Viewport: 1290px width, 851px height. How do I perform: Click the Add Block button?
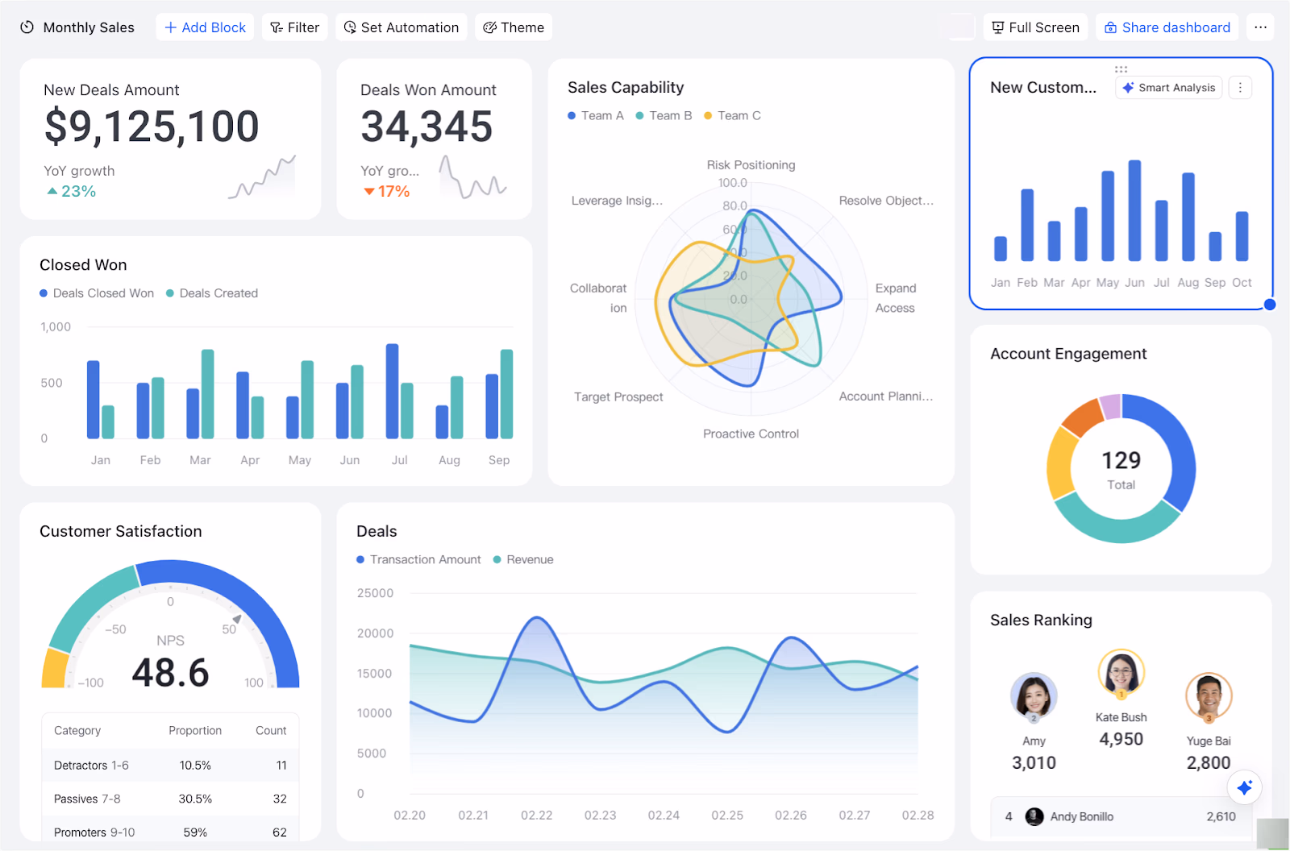(x=205, y=27)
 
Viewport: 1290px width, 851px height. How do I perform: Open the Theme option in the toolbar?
(x=514, y=27)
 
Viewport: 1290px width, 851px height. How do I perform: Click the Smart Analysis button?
(x=1169, y=88)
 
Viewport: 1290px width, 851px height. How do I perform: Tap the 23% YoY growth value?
(x=78, y=192)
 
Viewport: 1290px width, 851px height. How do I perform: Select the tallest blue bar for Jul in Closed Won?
(x=393, y=391)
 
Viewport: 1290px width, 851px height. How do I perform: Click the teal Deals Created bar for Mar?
(x=208, y=394)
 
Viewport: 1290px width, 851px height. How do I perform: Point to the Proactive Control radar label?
(x=751, y=434)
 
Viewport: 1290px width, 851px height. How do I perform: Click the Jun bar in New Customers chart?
(x=1134, y=211)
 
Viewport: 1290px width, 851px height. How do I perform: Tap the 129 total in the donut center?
(x=1121, y=460)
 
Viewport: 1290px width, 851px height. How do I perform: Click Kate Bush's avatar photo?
(x=1121, y=670)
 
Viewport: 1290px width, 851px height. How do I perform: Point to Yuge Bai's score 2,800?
(x=1208, y=762)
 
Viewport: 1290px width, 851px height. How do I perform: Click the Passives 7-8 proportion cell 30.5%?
(x=195, y=799)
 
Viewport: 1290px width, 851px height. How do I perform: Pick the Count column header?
(x=271, y=731)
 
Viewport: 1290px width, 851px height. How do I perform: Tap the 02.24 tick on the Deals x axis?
(x=664, y=816)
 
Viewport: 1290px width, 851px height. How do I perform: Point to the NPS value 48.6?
(x=170, y=673)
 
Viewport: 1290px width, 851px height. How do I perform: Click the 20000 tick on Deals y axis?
(x=375, y=633)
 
